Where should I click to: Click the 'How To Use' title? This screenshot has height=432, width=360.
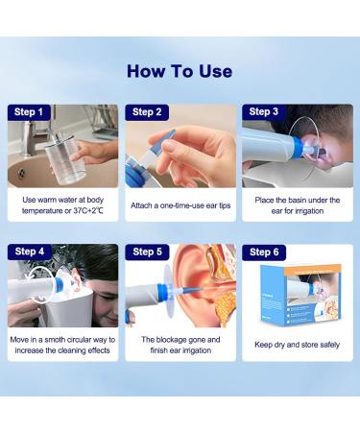tap(180, 71)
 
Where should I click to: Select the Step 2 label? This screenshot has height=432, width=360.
tap(147, 112)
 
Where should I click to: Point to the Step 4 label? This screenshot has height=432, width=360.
tap(30, 252)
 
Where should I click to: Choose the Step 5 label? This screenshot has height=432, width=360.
tap(147, 252)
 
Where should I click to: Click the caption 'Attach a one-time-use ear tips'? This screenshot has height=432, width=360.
tap(180, 204)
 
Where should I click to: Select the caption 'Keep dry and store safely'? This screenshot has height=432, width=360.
tap(297, 344)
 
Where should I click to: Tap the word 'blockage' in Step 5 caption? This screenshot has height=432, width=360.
tap(172, 339)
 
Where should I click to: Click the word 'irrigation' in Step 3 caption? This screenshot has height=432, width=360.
tap(307, 210)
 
